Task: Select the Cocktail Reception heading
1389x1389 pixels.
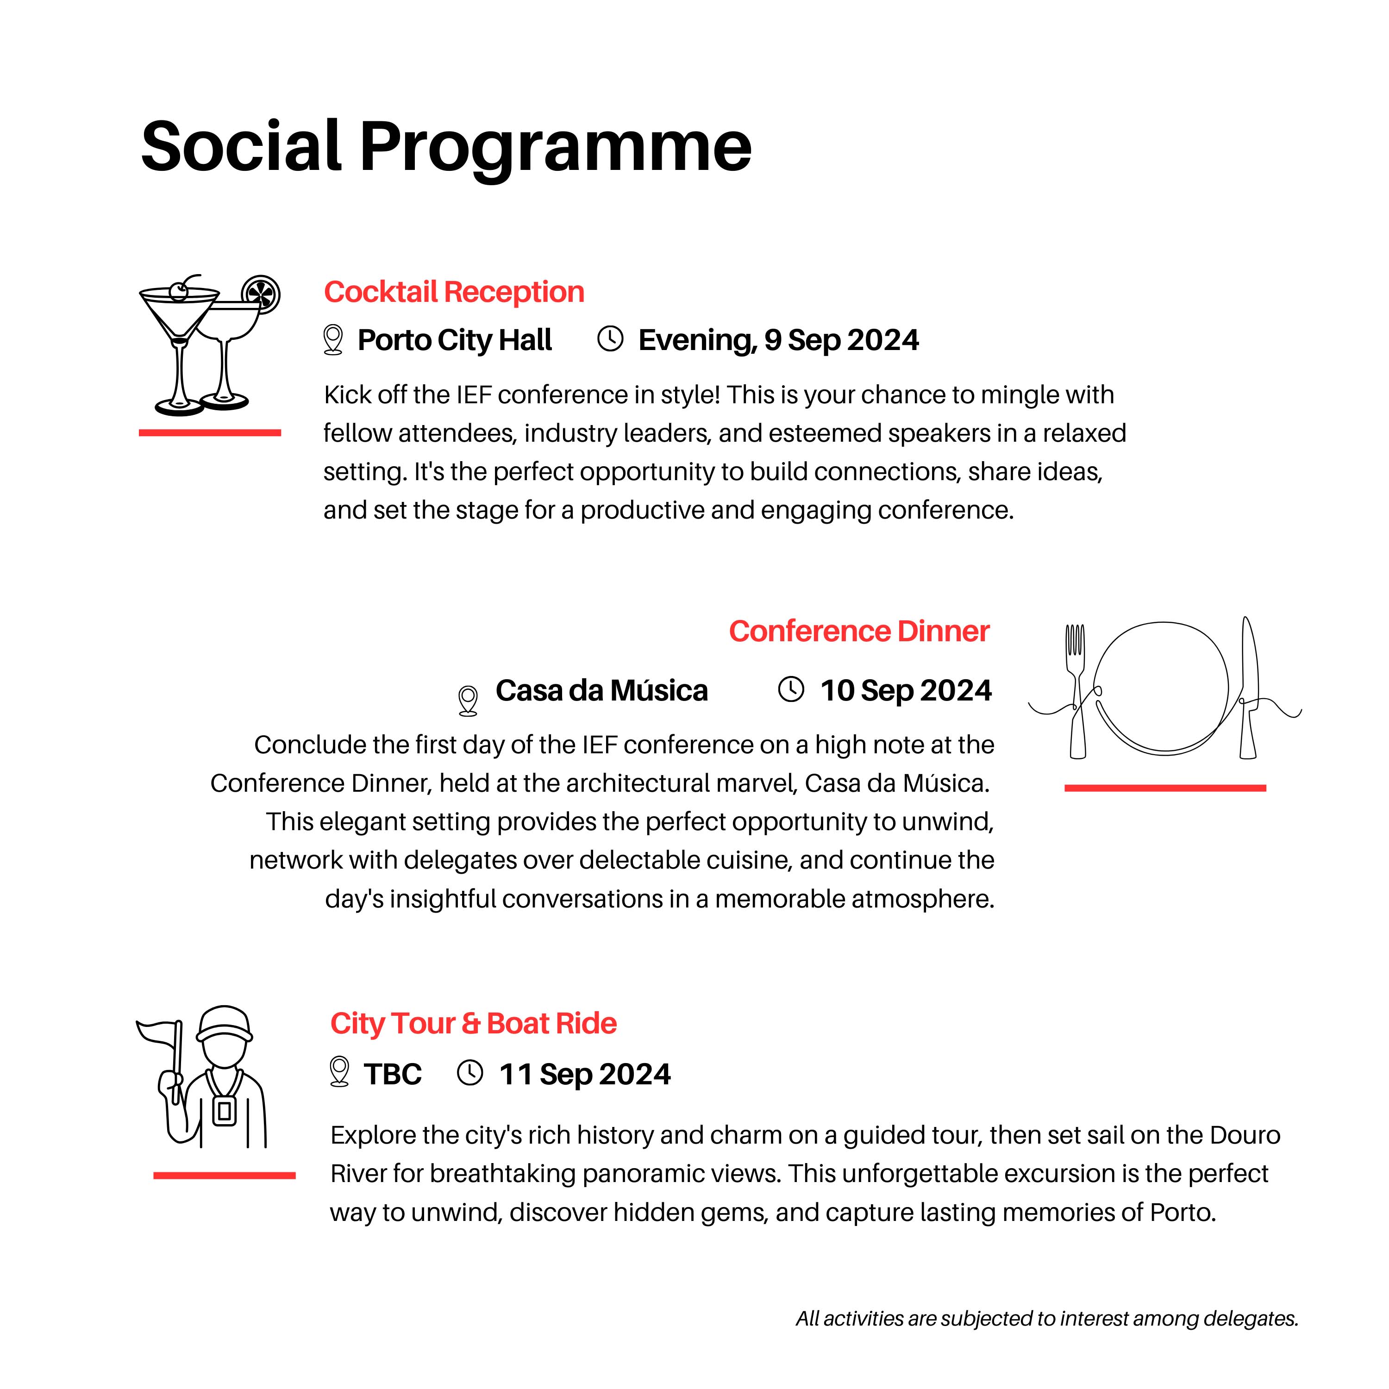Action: [454, 292]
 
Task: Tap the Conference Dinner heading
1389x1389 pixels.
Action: [859, 631]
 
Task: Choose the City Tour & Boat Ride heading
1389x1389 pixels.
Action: [473, 1023]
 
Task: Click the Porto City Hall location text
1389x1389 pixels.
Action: [454, 340]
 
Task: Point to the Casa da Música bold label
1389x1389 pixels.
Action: [602, 690]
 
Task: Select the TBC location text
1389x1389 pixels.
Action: [393, 1074]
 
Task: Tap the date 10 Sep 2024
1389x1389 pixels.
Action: [906, 690]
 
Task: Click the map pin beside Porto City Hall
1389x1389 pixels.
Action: [333, 339]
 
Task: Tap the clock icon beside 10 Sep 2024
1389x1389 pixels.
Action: [791, 689]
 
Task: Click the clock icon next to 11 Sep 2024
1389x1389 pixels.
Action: [470, 1073]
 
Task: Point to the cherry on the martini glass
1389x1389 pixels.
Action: [178, 291]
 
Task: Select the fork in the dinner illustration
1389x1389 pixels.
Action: [1076, 690]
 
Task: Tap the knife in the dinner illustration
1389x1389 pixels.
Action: [1250, 687]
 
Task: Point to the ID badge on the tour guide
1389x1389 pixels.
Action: [224, 1112]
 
